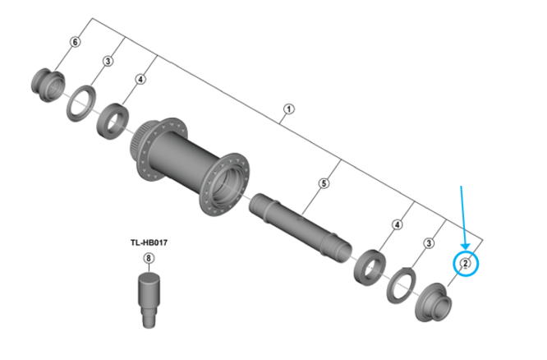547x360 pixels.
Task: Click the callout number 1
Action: point(288,108)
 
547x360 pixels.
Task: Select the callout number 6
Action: point(76,42)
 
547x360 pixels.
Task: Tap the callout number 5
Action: point(323,183)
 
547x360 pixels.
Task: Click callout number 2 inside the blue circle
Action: point(465,263)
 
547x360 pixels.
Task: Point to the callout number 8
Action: point(149,258)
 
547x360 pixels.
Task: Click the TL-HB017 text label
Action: point(149,242)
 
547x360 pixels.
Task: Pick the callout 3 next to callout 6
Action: point(108,62)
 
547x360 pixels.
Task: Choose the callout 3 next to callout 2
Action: point(428,243)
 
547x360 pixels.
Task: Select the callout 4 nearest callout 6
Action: point(140,80)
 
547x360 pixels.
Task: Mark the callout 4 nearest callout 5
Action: point(397,224)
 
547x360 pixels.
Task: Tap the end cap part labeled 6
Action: point(46,83)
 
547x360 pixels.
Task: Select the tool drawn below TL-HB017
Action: point(149,293)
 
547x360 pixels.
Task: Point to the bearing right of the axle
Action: point(370,264)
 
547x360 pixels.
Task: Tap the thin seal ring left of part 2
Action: point(403,284)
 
